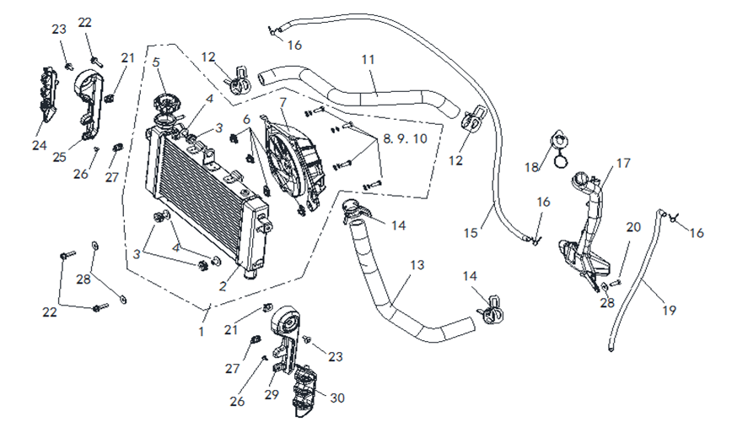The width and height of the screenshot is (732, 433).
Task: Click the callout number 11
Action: click(368, 59)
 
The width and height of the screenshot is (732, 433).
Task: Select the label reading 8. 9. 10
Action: click(405, 138)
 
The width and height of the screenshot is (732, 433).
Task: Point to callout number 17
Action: click(622, 163)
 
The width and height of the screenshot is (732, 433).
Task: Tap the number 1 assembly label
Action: click(201, 332)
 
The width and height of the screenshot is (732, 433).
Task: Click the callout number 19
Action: click(668, 311)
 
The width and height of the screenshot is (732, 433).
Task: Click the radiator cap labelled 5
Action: click(167, 107)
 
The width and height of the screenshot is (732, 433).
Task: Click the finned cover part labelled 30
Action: click(305, 391)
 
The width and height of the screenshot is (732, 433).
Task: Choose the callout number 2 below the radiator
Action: click(223, 286)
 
